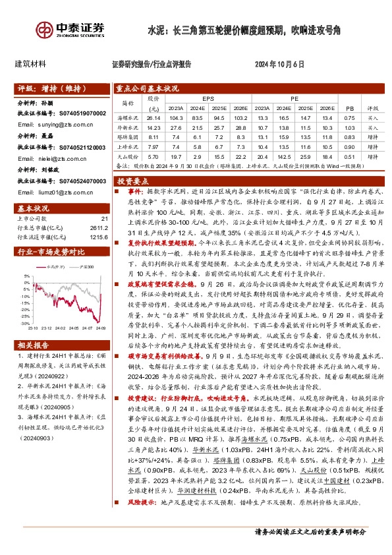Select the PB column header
click(349, 107)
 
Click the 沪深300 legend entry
click(82, 268)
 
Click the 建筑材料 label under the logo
click(30, 65)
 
